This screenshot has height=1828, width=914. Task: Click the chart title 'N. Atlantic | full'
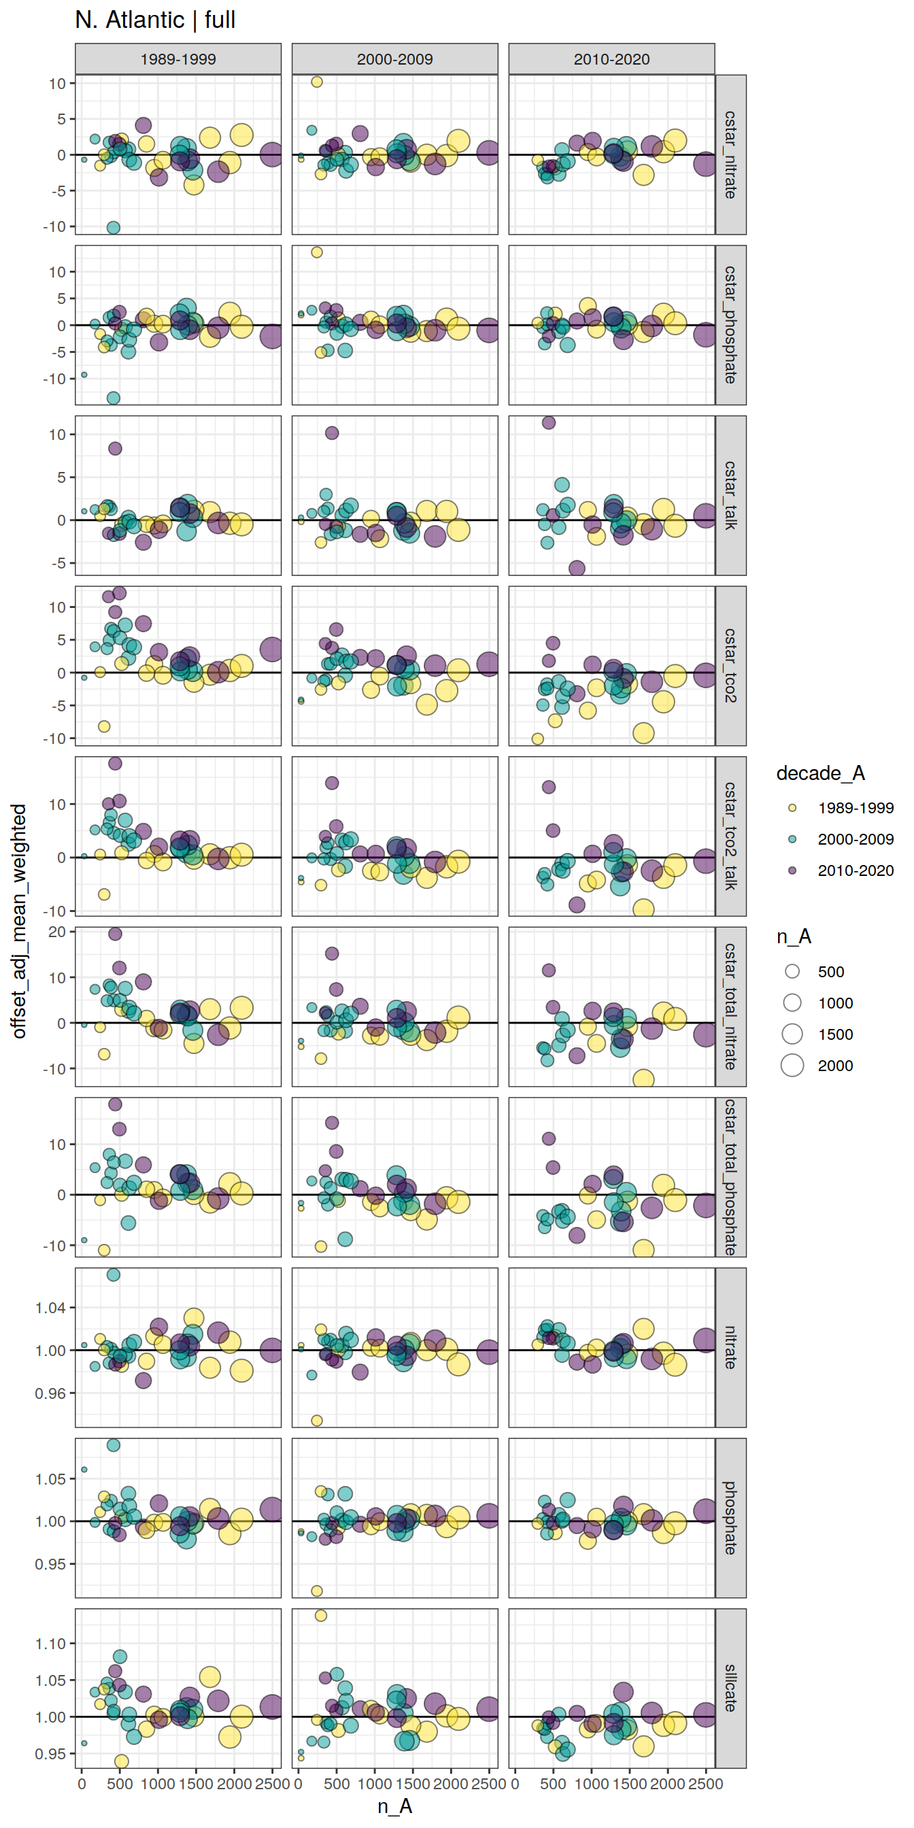[x=154, y=20]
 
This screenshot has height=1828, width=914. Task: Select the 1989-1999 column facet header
[x=178, y=59]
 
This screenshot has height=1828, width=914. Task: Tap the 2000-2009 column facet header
[x=394, y=59]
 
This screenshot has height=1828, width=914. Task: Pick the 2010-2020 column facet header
[x=611, y=59]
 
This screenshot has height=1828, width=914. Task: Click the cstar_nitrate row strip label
[x=730, y=154]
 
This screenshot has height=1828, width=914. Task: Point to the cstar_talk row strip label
[x=730, y=495]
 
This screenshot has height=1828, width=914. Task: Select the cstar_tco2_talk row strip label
[x=730, y=836]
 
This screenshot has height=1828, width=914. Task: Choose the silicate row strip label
[x=730, y=1687]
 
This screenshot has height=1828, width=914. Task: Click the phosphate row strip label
[x=730, y=1517]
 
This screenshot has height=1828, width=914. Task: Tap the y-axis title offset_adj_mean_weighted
[x=19, y=921]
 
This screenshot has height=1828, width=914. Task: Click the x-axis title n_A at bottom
[x=394, y=1806]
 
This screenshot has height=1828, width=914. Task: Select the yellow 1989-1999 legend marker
[x=792, y=807]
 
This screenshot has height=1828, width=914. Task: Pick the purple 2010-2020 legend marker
[x=792, y=870]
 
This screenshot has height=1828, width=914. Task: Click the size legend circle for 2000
[x=792, y=1065]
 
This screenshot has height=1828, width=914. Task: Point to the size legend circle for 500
[x=792, y=972]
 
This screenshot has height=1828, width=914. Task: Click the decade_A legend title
[x=820, y=773]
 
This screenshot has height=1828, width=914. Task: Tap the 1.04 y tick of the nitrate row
[x=50, y=1308]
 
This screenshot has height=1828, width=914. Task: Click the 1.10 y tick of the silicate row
[x=50, y=1644]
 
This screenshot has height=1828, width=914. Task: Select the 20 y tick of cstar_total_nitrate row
[x=56, y=932]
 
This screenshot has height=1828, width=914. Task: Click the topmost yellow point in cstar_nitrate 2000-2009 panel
[x=316, y=82]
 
